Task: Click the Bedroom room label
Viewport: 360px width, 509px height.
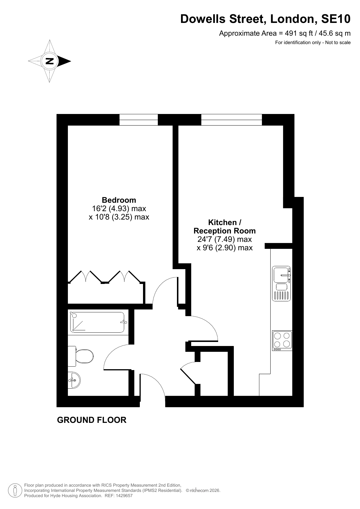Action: point(119,200)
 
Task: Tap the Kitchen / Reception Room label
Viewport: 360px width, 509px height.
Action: point(225,227)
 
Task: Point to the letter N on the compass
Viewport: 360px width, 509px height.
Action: point(50,61)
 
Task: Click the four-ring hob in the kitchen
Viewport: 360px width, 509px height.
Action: point(282,340)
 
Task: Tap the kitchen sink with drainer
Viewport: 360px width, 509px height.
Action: point(281,283)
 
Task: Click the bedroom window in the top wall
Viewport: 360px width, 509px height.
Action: point(139,120)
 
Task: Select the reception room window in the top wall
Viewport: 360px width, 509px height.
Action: point(231,120)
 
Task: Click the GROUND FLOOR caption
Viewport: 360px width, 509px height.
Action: point(92,420)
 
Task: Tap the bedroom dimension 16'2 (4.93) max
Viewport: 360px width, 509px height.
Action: point(119,209)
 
